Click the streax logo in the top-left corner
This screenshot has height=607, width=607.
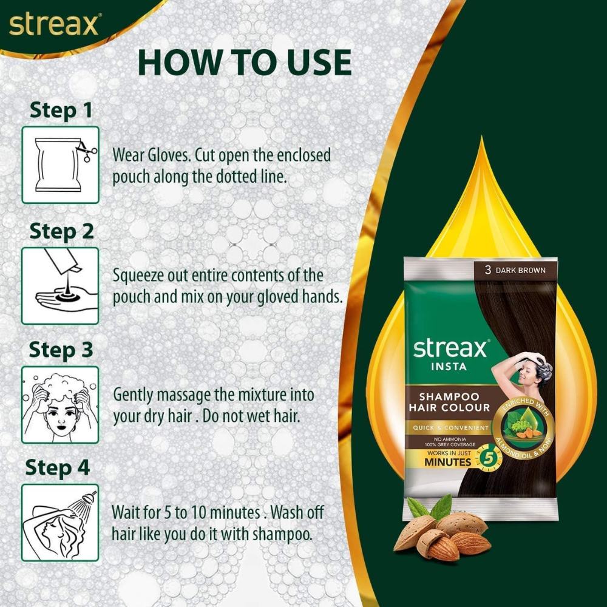click(x=53, y=25)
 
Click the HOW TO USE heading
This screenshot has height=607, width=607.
click(x=245, y=62)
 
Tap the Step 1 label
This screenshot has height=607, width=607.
click(x=61, y=110)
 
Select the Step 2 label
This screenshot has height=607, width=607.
click(x=61, y=231)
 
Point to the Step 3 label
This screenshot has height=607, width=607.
click(x=61, y=350)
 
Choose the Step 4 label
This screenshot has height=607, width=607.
click(x=58, y=468)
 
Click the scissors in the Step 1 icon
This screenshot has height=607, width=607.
click(x=83, y=150)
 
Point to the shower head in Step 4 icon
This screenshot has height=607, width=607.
click(x=89, y=498)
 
